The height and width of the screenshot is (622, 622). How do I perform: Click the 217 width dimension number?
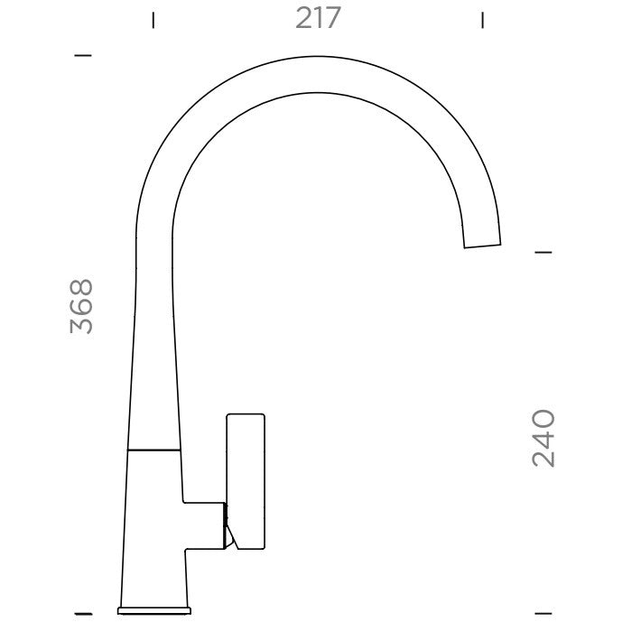tap(318, 18)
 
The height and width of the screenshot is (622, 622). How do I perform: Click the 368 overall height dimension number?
tap(81, 306)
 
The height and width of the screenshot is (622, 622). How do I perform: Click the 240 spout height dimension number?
tap(543, 439)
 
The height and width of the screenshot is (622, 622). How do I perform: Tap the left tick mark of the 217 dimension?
tap(153, 20)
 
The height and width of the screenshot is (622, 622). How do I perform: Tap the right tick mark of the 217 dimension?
tap(482, 20)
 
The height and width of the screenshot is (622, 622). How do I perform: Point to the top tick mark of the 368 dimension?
tap(83, 56)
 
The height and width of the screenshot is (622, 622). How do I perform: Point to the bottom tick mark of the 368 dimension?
tap(83, 614)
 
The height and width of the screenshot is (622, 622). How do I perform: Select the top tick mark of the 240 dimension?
tap(543, 252)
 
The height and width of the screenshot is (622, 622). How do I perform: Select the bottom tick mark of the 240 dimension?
tap(543, 614)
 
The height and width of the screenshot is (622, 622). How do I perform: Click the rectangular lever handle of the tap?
tap(246, 481)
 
